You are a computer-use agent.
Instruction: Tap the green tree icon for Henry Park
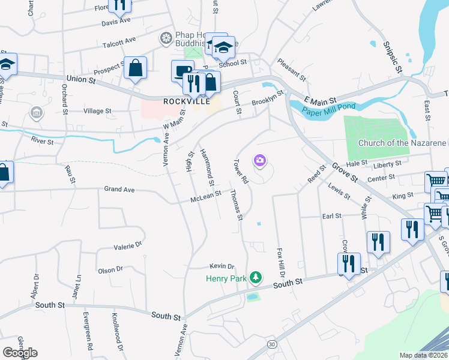coord(256,277)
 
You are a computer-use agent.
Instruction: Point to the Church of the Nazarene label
coord(402,143)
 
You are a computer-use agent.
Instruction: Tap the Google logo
coord(19,353)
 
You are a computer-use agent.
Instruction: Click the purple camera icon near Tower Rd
coord(260,160)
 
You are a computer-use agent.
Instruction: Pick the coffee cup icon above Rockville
coord(181,71)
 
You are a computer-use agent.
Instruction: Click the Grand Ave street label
coord(117,190)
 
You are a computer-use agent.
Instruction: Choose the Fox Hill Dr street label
coord(280,262)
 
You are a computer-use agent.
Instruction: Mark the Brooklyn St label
coord(267,97)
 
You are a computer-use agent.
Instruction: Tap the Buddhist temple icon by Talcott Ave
coord(165,38)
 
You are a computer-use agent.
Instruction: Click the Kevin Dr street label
coord(221,266)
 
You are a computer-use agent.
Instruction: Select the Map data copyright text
coord(424,355)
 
